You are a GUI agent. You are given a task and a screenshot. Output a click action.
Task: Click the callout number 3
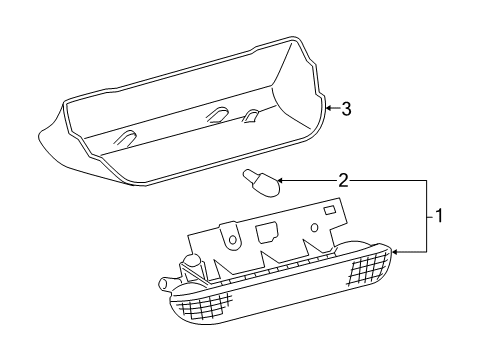click(x=346, y=110)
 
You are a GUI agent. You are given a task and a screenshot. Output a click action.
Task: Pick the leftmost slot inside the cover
click(x=125, y=139)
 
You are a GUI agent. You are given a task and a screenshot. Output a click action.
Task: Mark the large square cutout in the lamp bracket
click(x=268, y=232)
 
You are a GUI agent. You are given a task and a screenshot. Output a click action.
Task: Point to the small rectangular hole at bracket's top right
click(x=329, y=213)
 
